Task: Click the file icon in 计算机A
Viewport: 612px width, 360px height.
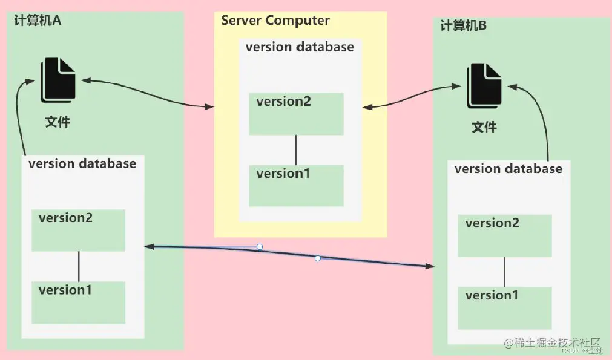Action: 58,79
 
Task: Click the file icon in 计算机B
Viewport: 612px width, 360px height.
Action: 484,87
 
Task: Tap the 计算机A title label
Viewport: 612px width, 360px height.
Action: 38,21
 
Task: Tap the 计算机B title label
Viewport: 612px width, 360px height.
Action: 464,26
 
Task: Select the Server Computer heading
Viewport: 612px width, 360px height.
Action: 275,21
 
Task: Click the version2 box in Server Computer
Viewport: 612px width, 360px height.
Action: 296,114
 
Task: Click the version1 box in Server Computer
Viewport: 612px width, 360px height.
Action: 296,186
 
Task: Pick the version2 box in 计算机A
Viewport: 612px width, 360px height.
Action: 78,230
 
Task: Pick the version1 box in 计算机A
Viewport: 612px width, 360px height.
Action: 78,302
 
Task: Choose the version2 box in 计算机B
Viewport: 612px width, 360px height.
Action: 505,235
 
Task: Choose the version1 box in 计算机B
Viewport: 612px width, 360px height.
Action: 505,307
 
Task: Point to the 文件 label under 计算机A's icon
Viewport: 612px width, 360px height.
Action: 58,122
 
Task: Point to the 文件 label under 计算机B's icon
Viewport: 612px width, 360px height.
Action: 484,128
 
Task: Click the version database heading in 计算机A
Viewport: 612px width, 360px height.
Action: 82,163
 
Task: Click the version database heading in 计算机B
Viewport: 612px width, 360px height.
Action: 508,169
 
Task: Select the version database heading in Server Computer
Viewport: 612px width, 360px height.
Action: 300,47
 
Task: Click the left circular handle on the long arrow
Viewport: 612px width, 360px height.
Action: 260,247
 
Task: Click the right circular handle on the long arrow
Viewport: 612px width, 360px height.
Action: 317,258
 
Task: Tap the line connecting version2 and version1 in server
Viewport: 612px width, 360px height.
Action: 296,150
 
